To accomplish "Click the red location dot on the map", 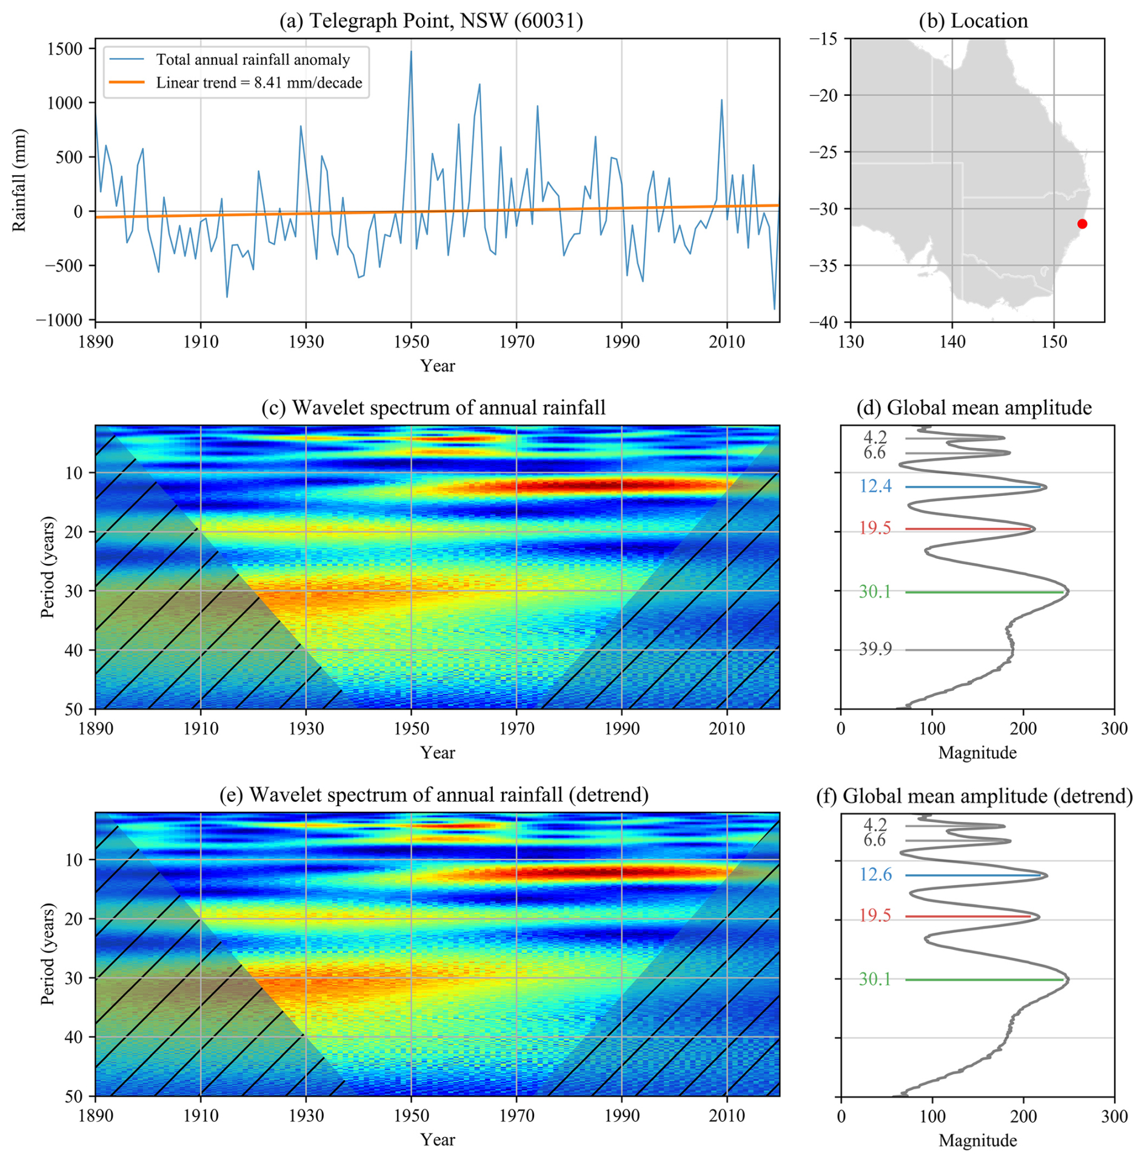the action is point(1082,224).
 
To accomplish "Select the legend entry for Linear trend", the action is point(236,82).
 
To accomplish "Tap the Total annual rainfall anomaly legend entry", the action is point(230,59).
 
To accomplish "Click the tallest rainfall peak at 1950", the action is point(410,52).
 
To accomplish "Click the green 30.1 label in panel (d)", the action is point(875,591).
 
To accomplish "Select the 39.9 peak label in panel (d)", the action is point(875,649).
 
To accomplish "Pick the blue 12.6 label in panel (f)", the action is point(875,874).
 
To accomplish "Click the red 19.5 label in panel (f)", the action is point(875,915).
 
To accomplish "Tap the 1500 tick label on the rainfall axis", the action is point(64,48).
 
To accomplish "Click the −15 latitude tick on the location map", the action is point(823,39).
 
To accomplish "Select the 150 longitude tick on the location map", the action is point(1054,342).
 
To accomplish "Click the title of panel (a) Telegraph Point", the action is point(431,21).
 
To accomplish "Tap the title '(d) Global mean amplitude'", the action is point(974,407).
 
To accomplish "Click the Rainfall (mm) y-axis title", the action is point(19,180).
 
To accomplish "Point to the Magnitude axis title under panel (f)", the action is point(977,1140).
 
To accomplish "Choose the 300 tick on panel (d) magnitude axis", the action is point(1114,728).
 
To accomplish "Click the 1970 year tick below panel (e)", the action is point(517,1115).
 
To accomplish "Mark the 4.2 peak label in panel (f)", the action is point(875,824).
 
